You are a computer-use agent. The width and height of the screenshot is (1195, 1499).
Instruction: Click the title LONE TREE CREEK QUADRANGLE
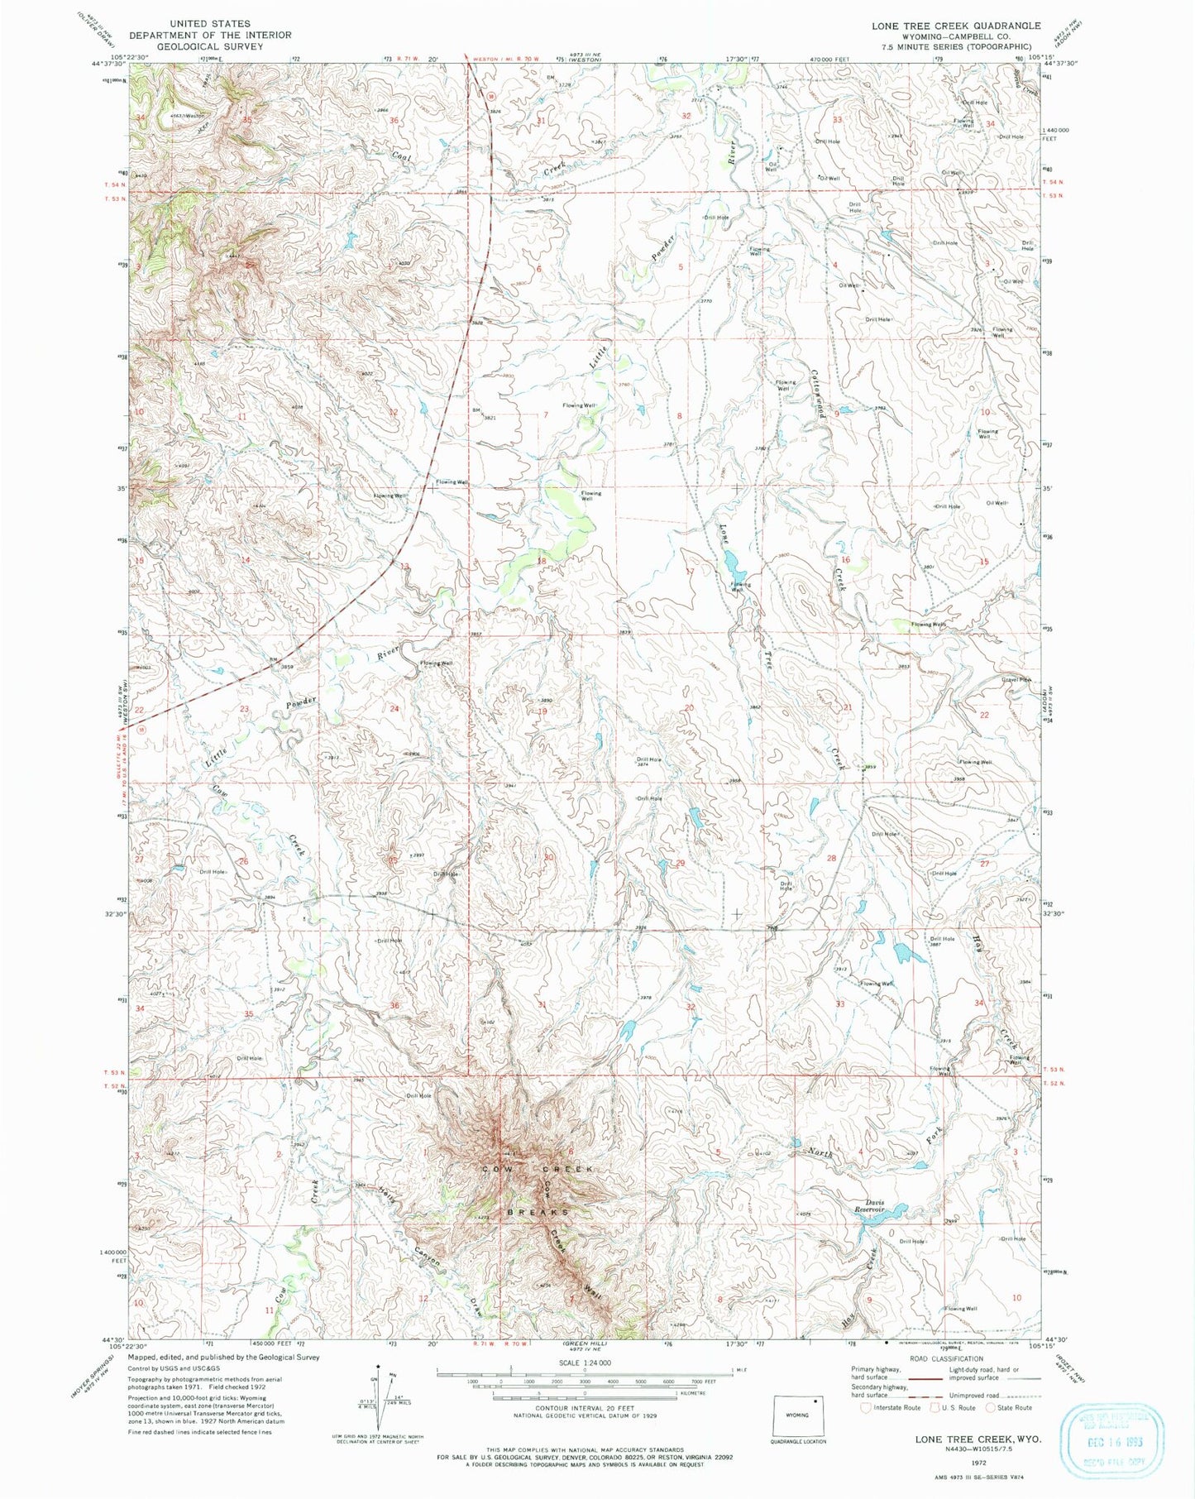[x=956, y=26]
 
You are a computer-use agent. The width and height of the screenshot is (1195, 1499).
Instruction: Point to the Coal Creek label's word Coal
[x=401, y=152]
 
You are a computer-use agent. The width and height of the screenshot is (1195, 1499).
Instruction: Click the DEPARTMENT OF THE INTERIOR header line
[x=209, y=35]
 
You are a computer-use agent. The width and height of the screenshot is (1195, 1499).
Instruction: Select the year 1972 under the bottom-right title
[x=977, y=1462]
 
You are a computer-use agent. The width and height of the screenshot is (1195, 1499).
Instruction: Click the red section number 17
[x=690, y=572]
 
